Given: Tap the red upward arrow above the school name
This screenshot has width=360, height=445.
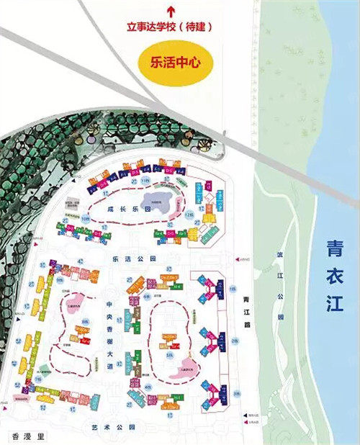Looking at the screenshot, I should pyautogui.click(x=171, y=11).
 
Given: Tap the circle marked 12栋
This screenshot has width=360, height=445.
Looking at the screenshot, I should pyautogui.click(x=189, y=216).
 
